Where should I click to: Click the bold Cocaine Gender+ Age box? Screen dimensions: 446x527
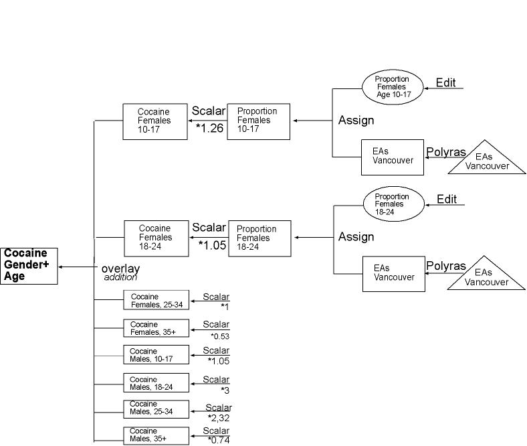point(29,265)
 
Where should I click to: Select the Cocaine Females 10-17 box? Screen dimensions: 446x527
point(154,121)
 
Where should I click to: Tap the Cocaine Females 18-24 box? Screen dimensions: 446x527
point(155,238)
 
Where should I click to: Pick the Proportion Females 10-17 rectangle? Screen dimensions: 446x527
point(258,121)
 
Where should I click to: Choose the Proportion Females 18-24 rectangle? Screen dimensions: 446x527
point(259,238)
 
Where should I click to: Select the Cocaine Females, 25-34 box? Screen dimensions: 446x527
point(156,300)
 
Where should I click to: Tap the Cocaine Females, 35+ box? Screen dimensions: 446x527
point(156,328)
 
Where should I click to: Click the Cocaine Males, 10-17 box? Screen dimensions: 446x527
point(156,355)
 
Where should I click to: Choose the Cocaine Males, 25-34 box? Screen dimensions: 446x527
point(156,408)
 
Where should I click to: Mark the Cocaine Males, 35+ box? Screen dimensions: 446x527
point(156,435)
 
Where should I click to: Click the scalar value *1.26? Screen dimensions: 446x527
point(209,128)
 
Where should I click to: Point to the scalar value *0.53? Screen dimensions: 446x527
point(221,336)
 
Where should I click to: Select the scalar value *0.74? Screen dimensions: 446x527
point(219,440)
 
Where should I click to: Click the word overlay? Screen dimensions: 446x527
point(120,269)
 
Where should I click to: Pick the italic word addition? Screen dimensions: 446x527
point(120,277)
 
